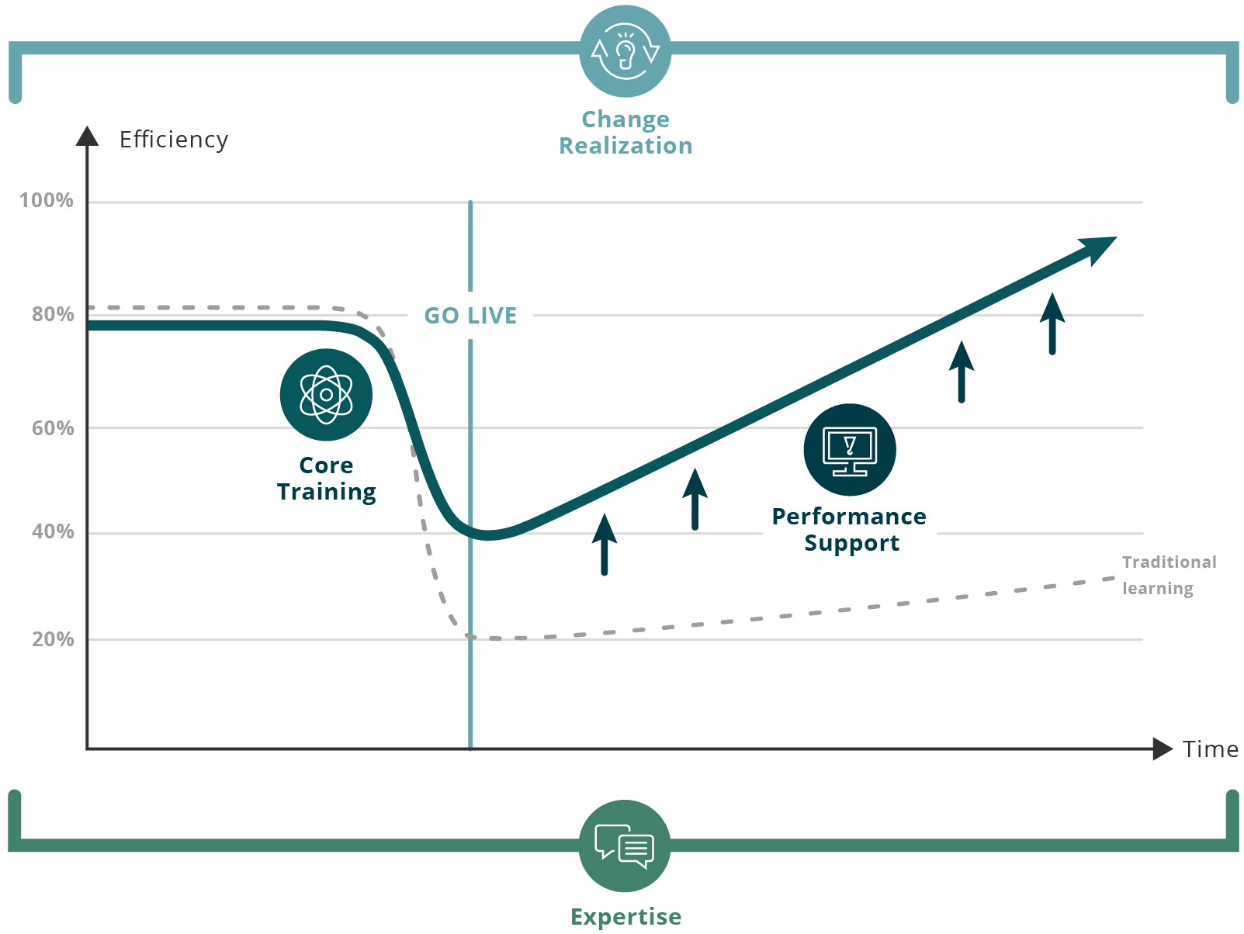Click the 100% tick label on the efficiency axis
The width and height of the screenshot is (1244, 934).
click(46, 200)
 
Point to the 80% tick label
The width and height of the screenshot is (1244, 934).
click(53, 313)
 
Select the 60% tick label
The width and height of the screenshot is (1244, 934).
click(53, 427)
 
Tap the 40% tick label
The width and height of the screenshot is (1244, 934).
click(53, 531)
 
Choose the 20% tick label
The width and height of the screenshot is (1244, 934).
click(53, 639)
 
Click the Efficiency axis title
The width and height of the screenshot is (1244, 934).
click(173, 140)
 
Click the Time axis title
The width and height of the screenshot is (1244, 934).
click(1210, 749)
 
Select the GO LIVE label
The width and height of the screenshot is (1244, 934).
click(470, 316)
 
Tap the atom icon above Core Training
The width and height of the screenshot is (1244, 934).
click(326, 395)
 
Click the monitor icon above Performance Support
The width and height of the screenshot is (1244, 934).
click(850, 450)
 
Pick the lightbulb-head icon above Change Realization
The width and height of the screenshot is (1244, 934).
click(625, 51)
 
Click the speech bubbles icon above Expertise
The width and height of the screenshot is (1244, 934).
click(625, 846)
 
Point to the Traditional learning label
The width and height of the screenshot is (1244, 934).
click(1169, 576)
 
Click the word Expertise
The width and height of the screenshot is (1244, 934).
click(625, 916)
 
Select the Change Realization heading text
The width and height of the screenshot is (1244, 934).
click(625, 133)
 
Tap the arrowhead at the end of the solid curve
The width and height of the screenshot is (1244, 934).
click(1100, 249)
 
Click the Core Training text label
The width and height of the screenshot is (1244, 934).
click(327, 479)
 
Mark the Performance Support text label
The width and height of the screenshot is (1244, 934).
click(850, 530)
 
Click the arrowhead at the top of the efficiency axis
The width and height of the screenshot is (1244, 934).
click(87, 136)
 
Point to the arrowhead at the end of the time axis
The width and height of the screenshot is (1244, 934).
click(1163, 749)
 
